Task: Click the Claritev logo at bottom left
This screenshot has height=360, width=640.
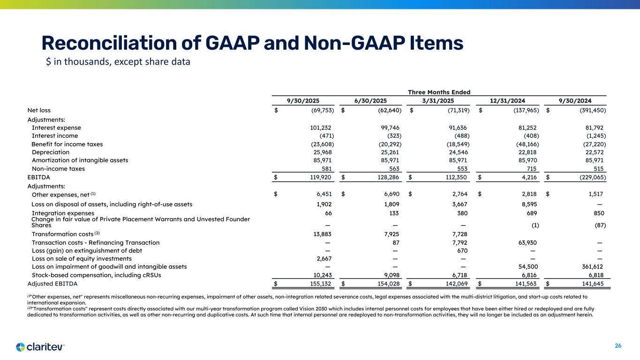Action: pyautogui.click(x=40, y=347)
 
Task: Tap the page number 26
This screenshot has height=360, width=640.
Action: pyautogui.click(x=618, y=346)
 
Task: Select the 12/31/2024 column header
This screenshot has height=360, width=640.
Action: pyautogui.click(x=508, y=100)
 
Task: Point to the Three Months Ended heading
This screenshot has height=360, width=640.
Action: pyautogui.click(x=439, y=92)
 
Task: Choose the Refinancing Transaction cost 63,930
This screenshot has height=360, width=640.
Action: pyautogui.click(x=527, y=243)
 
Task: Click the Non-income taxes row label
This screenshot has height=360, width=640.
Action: pyautogui.click(x=58, y=169)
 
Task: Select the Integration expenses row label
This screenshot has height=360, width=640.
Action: pyautogui.click(x=63, y=213)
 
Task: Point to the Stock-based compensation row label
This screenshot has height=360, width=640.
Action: pyautogui.click(x=96, y=275)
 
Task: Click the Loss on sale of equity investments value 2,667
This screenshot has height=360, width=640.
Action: pyautogui.click(x=323, y=259)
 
